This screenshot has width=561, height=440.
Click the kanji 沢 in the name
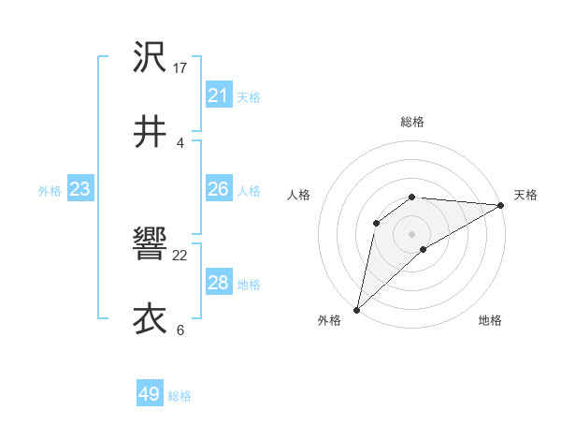[x=150, y=58]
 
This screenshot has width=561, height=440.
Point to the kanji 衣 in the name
[x=150, y=318]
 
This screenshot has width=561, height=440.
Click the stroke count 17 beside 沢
[x=180, y=68]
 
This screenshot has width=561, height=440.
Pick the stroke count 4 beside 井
[x=180, y=142]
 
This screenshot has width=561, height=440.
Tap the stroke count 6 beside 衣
[x=180, y=330]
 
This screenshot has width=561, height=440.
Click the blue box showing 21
[x=218, y=95]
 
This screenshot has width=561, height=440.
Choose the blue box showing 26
[x=218, y=189]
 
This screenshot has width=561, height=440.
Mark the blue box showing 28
[x=218, y=283]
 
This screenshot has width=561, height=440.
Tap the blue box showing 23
[x=79, y=189]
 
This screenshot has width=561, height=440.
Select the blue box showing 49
[x=150, y=394]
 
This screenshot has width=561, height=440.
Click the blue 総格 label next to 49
[x=180, y=396]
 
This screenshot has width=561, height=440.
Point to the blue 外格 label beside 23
[x=50, y=191]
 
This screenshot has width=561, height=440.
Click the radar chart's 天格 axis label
[x=525, y=195]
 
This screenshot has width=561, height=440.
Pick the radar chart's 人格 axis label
[x=298, y=195]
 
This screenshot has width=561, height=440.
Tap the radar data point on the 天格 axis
[x=500, y=205]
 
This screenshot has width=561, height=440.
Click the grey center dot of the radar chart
[x=412, y=233]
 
